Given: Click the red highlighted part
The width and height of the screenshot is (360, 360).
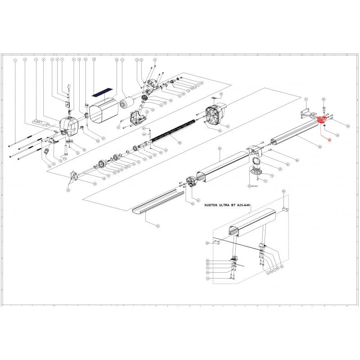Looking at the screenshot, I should point(322,121).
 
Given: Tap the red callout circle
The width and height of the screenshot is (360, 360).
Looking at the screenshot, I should point(329,140).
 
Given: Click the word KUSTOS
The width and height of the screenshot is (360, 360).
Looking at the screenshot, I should point(214,205).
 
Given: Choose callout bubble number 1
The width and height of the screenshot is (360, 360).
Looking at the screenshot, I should point(15,60).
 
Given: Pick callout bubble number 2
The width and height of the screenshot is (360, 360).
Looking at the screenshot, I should point(25,60).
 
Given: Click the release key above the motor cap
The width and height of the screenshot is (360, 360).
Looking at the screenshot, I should point(68,88).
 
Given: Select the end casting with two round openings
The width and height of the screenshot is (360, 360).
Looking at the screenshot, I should point(216,116).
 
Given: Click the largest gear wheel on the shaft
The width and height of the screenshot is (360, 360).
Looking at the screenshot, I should point(102,165).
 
